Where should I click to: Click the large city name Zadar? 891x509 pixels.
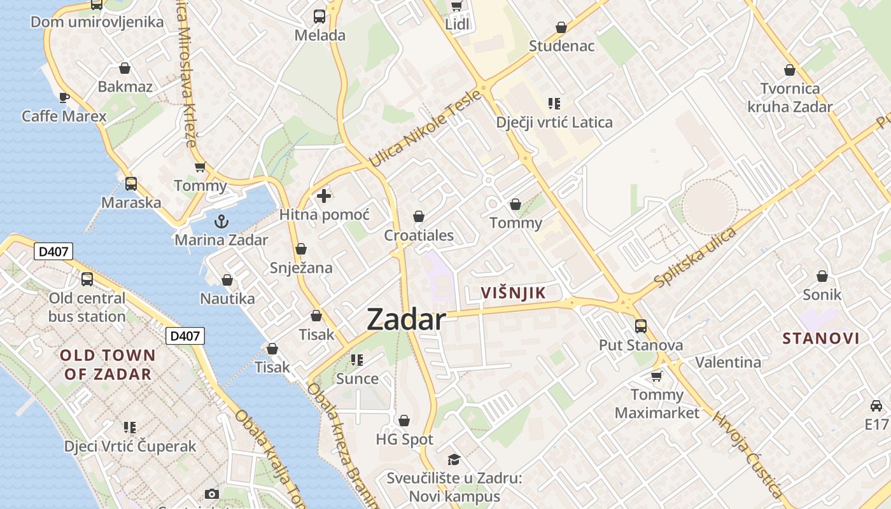(x=406, y=319)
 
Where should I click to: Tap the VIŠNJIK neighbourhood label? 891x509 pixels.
(x=514, y=293)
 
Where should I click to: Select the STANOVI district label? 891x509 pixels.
(x=821, y=338)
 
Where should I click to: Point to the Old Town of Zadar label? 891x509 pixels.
(x=108, y=365)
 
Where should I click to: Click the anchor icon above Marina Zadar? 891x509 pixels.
(x=221, y=221)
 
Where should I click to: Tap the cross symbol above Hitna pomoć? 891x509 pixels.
(x=324, y=196)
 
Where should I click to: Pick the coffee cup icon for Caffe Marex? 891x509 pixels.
(x=64, y=97)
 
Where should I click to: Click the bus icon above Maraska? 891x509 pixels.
(x=131, y=184)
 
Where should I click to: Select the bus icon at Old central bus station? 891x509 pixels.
(x=87, y=279)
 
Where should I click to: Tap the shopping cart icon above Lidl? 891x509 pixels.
(x=456, y=6)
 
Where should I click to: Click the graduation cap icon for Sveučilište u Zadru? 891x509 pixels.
(x=454, y=459)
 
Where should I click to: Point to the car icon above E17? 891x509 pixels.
(x=876, y=405)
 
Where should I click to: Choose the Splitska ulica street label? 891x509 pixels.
(x=695, y=257)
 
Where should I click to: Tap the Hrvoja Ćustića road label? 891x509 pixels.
(x=747, y=453)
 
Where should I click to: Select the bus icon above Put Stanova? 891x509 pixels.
(x=641, y=326)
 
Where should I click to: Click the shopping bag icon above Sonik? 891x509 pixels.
(x=822, y=276)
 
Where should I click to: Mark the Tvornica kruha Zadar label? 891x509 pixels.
(x=790, y=97)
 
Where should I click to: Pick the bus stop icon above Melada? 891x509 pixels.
(x=319, y=17)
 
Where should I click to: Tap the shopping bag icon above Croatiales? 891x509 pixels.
(x=419, y=217)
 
